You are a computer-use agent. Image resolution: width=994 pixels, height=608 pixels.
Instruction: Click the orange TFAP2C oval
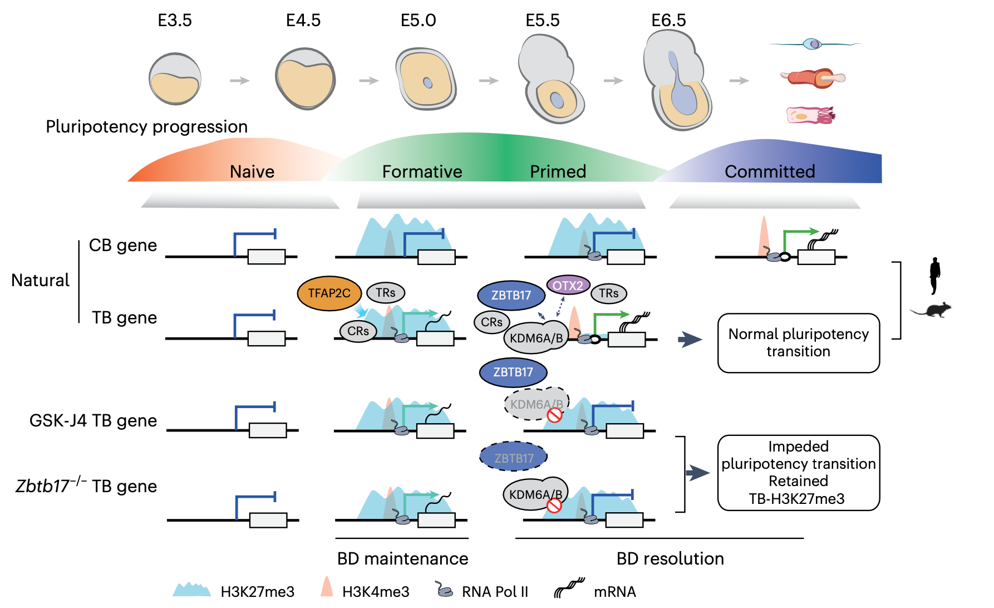(329, 293)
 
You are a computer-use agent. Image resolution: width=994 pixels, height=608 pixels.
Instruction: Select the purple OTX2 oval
(568, 286)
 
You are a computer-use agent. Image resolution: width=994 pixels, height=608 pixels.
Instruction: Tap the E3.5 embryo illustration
(175, 79)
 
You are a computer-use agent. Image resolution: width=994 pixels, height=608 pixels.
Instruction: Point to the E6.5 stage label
(668, 21)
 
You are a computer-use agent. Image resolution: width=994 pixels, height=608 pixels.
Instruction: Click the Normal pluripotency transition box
(798, 343)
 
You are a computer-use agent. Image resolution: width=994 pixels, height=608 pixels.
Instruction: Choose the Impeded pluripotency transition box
(798, 473)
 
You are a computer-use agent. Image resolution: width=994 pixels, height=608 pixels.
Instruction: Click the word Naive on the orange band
(252, 171)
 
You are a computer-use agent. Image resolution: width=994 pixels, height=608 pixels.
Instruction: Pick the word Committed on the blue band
(770, 171)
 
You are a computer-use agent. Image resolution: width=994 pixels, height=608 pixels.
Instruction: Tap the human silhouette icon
(935, 275)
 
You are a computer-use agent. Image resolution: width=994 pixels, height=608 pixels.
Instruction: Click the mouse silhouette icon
(933, 310)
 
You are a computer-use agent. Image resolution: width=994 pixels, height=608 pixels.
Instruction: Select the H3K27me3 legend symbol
(192, 590)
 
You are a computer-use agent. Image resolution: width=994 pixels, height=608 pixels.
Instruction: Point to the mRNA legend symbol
(569, 587)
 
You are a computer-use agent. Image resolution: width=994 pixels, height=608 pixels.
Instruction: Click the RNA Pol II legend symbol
(444, 590)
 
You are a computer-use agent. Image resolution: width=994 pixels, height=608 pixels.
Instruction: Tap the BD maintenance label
(402, 558)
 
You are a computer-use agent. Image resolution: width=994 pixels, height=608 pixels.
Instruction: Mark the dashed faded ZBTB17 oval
(513, 458)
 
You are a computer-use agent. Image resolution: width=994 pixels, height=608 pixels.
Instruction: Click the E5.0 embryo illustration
(426, 79)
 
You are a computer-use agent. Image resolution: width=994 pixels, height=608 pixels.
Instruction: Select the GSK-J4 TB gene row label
(93, 420)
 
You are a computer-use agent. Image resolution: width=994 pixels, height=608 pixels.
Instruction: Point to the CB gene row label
(123, 245)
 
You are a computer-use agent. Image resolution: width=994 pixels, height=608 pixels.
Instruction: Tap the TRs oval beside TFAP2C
(385, 293)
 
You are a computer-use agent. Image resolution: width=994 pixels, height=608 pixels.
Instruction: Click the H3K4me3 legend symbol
(327, 587)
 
